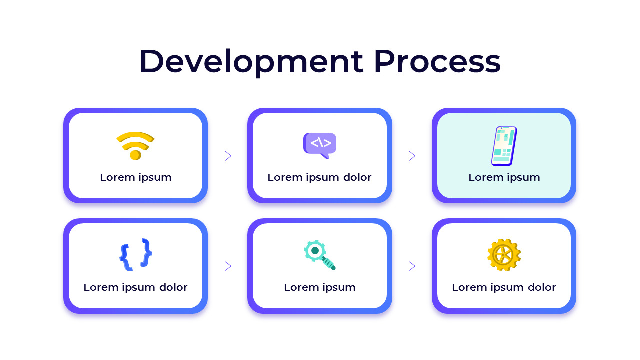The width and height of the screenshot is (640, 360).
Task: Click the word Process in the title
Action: point(437,62)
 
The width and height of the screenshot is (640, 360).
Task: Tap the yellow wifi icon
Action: point(135,145)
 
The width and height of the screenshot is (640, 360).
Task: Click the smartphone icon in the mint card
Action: point(504,146)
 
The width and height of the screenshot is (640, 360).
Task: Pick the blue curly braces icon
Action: point(135,255)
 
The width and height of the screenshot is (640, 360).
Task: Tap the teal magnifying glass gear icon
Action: point(319,255)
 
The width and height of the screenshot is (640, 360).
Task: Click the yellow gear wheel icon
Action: point(504,255)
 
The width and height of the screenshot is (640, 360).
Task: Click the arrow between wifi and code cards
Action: point(228,156)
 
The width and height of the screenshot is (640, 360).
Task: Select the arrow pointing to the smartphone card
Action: point(412,156)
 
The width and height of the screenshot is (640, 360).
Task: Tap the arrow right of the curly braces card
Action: point(228,266)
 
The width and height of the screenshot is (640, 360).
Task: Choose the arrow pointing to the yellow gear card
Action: point(412,266)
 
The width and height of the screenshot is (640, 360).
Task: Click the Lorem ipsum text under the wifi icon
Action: point(135,177)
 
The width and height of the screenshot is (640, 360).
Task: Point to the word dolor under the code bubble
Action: point(357,177)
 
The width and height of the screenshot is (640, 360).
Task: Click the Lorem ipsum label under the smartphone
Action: point(504,177)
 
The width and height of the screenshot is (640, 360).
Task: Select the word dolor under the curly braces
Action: point(173,287)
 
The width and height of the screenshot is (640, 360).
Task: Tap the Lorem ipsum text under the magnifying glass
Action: point(320,287)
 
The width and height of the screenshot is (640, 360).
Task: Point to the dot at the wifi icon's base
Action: point(134,155)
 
